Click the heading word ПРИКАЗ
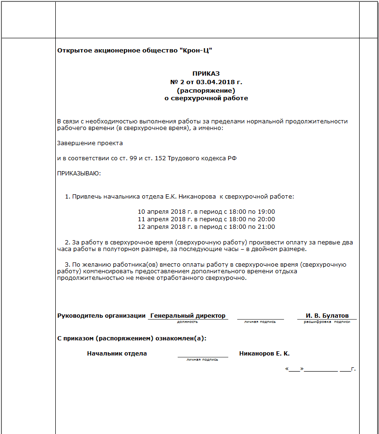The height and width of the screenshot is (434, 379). click(x=206, y=73)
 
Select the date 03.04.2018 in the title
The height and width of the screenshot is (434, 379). click(x=214, y=82)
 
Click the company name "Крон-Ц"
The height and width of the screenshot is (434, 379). click(x=199, y=50)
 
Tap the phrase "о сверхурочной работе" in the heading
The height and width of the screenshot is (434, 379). click(x=206, y=98)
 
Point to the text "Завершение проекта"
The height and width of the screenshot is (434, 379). click(x=90, y=143)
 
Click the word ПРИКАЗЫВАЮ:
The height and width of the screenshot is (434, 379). click(x=79, y=174)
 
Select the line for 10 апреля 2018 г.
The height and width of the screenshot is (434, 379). click(x=206, y=211)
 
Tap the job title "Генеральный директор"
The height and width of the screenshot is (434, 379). click(x=188, y=315)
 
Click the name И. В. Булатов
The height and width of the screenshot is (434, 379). click(x=327, y=315)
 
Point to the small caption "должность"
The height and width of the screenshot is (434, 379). click(x=188, y=321)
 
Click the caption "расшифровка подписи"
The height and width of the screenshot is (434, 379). click(x=327, y=321)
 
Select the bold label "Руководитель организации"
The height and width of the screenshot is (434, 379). click(x=101, y=315)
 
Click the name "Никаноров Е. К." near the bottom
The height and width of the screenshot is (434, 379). click(x=264, y=353)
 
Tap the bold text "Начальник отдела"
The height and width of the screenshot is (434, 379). click(x=117, y=353)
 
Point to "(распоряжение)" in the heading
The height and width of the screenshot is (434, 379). click(x=206, y=90)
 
